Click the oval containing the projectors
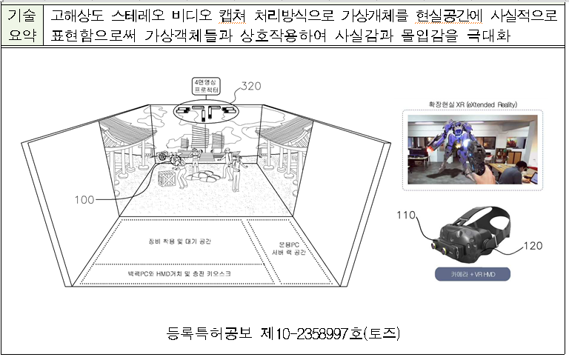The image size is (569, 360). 203,113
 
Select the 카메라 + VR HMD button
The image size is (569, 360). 472,273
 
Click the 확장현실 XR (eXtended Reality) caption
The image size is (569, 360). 472,104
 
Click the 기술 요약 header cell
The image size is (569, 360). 22,24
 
